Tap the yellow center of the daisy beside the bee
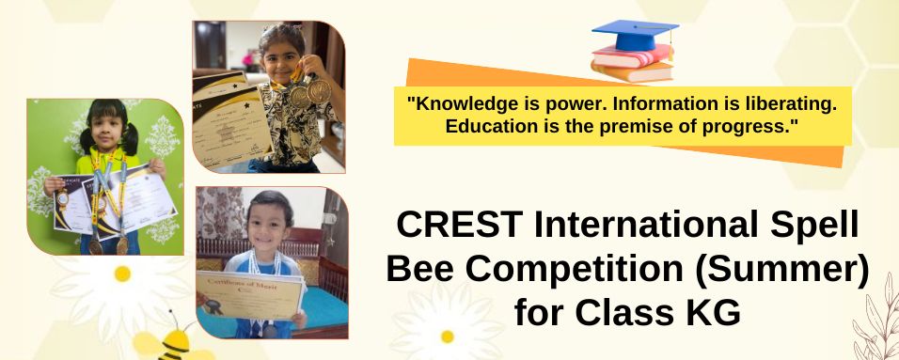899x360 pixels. click(x=122, y=274)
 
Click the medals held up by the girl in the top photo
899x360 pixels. click(x=308, y=91)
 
